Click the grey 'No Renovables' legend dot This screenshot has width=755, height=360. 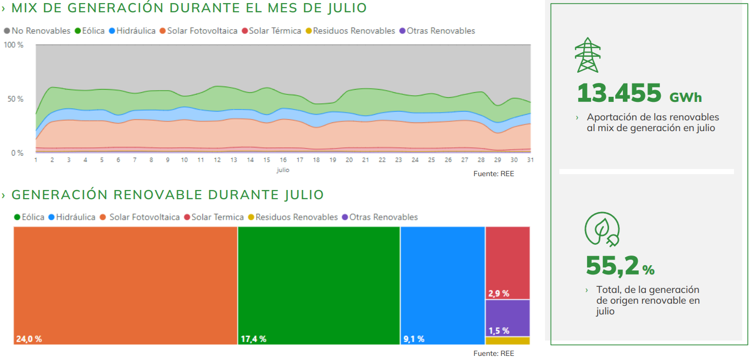click(x=7, y=31)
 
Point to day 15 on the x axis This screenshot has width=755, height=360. click(x=267, y=160)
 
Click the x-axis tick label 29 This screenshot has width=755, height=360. click(x=497, y=160)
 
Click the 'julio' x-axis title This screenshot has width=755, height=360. click(x=282, y=170)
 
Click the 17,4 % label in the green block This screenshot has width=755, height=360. click(x=254, y=339)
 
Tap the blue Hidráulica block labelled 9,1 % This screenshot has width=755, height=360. click(x=443, y=285)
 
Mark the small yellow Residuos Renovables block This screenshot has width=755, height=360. click(x=508, y=341)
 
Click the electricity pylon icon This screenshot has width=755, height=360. click(x=588, y=55)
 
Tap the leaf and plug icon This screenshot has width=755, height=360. click(x=602, y=229)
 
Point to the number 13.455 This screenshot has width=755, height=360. click(x=619, y=93)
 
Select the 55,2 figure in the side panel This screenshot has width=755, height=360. click(x=613, y=265)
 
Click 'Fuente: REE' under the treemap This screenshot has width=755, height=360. click(x=494, y=353)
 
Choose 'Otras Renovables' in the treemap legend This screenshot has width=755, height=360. click(x=383, y=217)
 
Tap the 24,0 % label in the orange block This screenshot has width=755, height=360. click(x=29, y=339)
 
